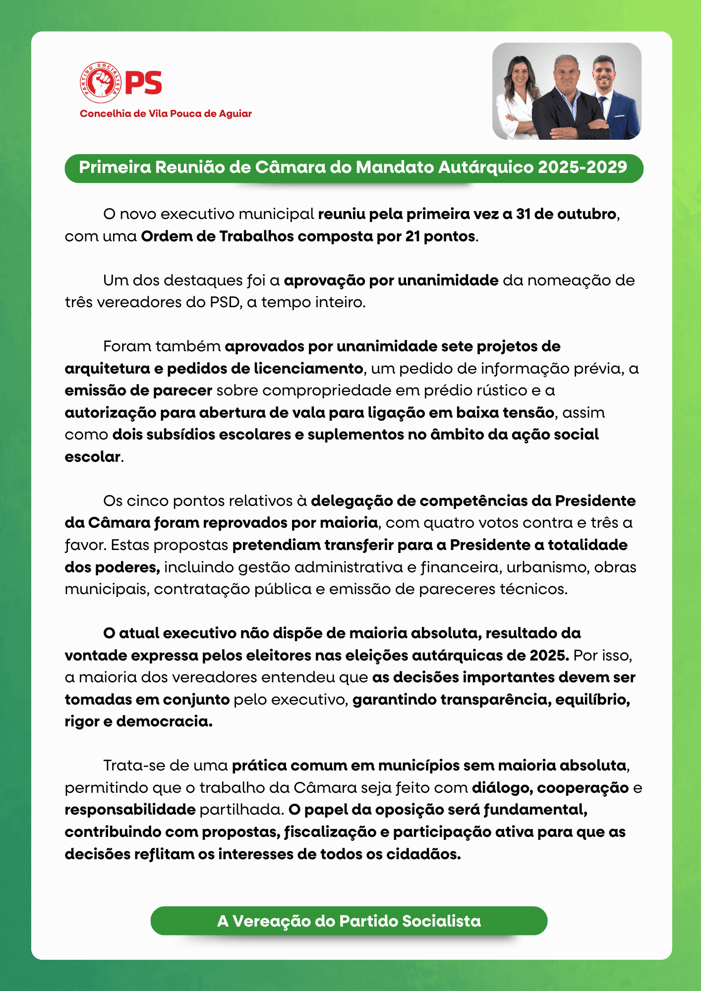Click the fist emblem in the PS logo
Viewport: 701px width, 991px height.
(101, 82)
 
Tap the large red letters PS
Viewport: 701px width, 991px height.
(144, 82)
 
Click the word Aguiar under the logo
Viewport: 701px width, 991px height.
(235, 113)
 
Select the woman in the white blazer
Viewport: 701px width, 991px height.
(518, 99)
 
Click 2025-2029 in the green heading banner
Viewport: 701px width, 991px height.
(583, 167)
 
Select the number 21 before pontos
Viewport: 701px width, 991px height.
(412, 236)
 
